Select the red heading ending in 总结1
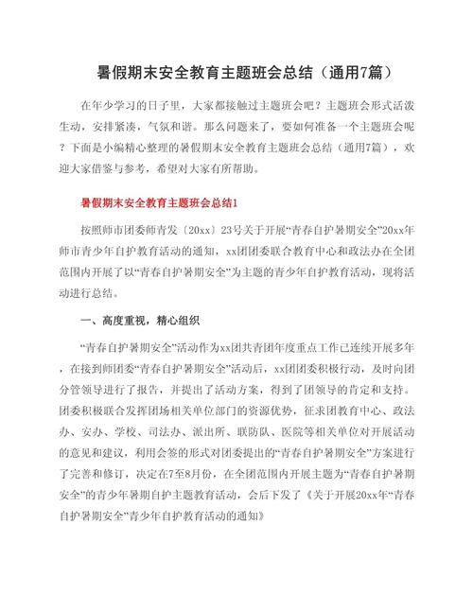pyautogui.click(x=166, y=203)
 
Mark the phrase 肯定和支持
pyautogui.click(x=344, y=392)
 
